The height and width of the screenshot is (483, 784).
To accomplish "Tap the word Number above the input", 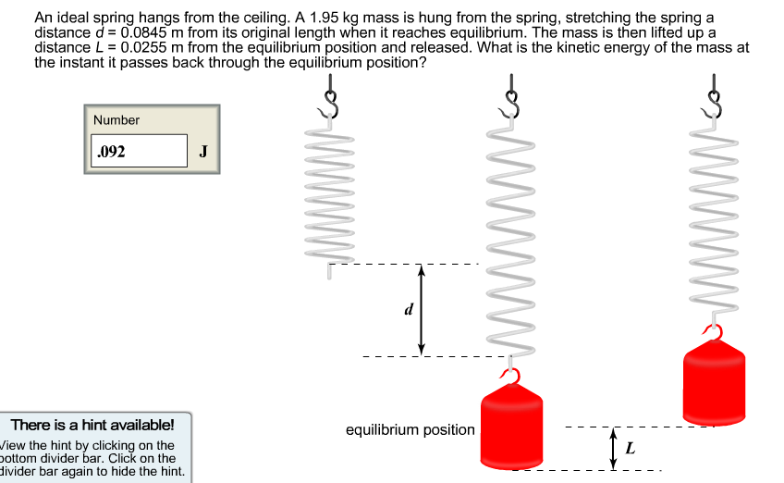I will [x=116, y=120].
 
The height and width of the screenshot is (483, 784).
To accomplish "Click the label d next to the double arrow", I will [x=408, y=310].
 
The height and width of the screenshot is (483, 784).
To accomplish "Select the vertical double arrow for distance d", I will [x=422, y=310].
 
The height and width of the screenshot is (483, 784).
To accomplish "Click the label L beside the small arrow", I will [x=631, y=449].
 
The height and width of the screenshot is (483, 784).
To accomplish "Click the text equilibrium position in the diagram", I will [x=410, y=430].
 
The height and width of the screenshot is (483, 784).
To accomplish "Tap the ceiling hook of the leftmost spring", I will [x=330, y=97].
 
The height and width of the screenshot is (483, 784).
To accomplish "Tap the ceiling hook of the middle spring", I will [x=511, y=97].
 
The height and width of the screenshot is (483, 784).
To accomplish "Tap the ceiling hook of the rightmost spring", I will [x=713, y=97].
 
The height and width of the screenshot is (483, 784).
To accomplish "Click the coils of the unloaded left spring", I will [x=330, y=194].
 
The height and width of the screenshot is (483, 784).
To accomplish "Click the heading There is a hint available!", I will [x=92, y=426].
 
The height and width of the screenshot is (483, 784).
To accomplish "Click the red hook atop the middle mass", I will [x=511, y=375].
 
